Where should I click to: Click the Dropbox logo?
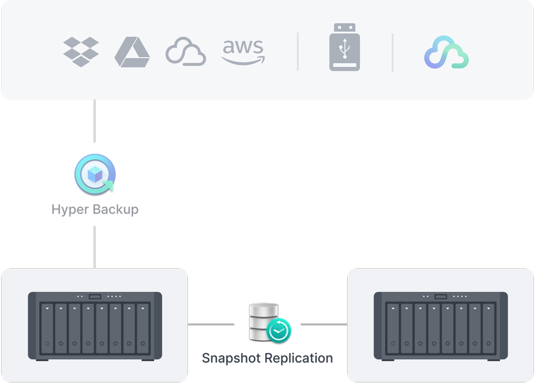pyautogui.click(x=81, y=52)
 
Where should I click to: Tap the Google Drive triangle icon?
pyautogui.click(x=132, y=52)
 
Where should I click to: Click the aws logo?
pyautogui.click(x=243, y=52)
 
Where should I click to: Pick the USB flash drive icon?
pyautogui.click(x=345, y=47)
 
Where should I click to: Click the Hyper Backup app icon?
pyautogui.click(x=94, y=175)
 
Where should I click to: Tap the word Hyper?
pyautogui.click(x=69, y=209)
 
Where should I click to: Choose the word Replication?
pyautogui.click(x=300, y=358)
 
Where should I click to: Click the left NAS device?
pyautogui.click(x=95, y=326)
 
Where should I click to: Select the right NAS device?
pyautogui.click(x=441, y=326)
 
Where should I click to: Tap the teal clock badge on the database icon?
pyautogui.click(x=279, y=331)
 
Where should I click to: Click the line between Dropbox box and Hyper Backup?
pyautogui.click(x=94, y=121)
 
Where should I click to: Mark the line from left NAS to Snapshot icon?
pyautogui.click(x=210, y=324)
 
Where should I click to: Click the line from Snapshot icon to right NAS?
pyautogui.click(x=323, y=324)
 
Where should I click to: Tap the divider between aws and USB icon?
pyautogui.click(x=298, y=52)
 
